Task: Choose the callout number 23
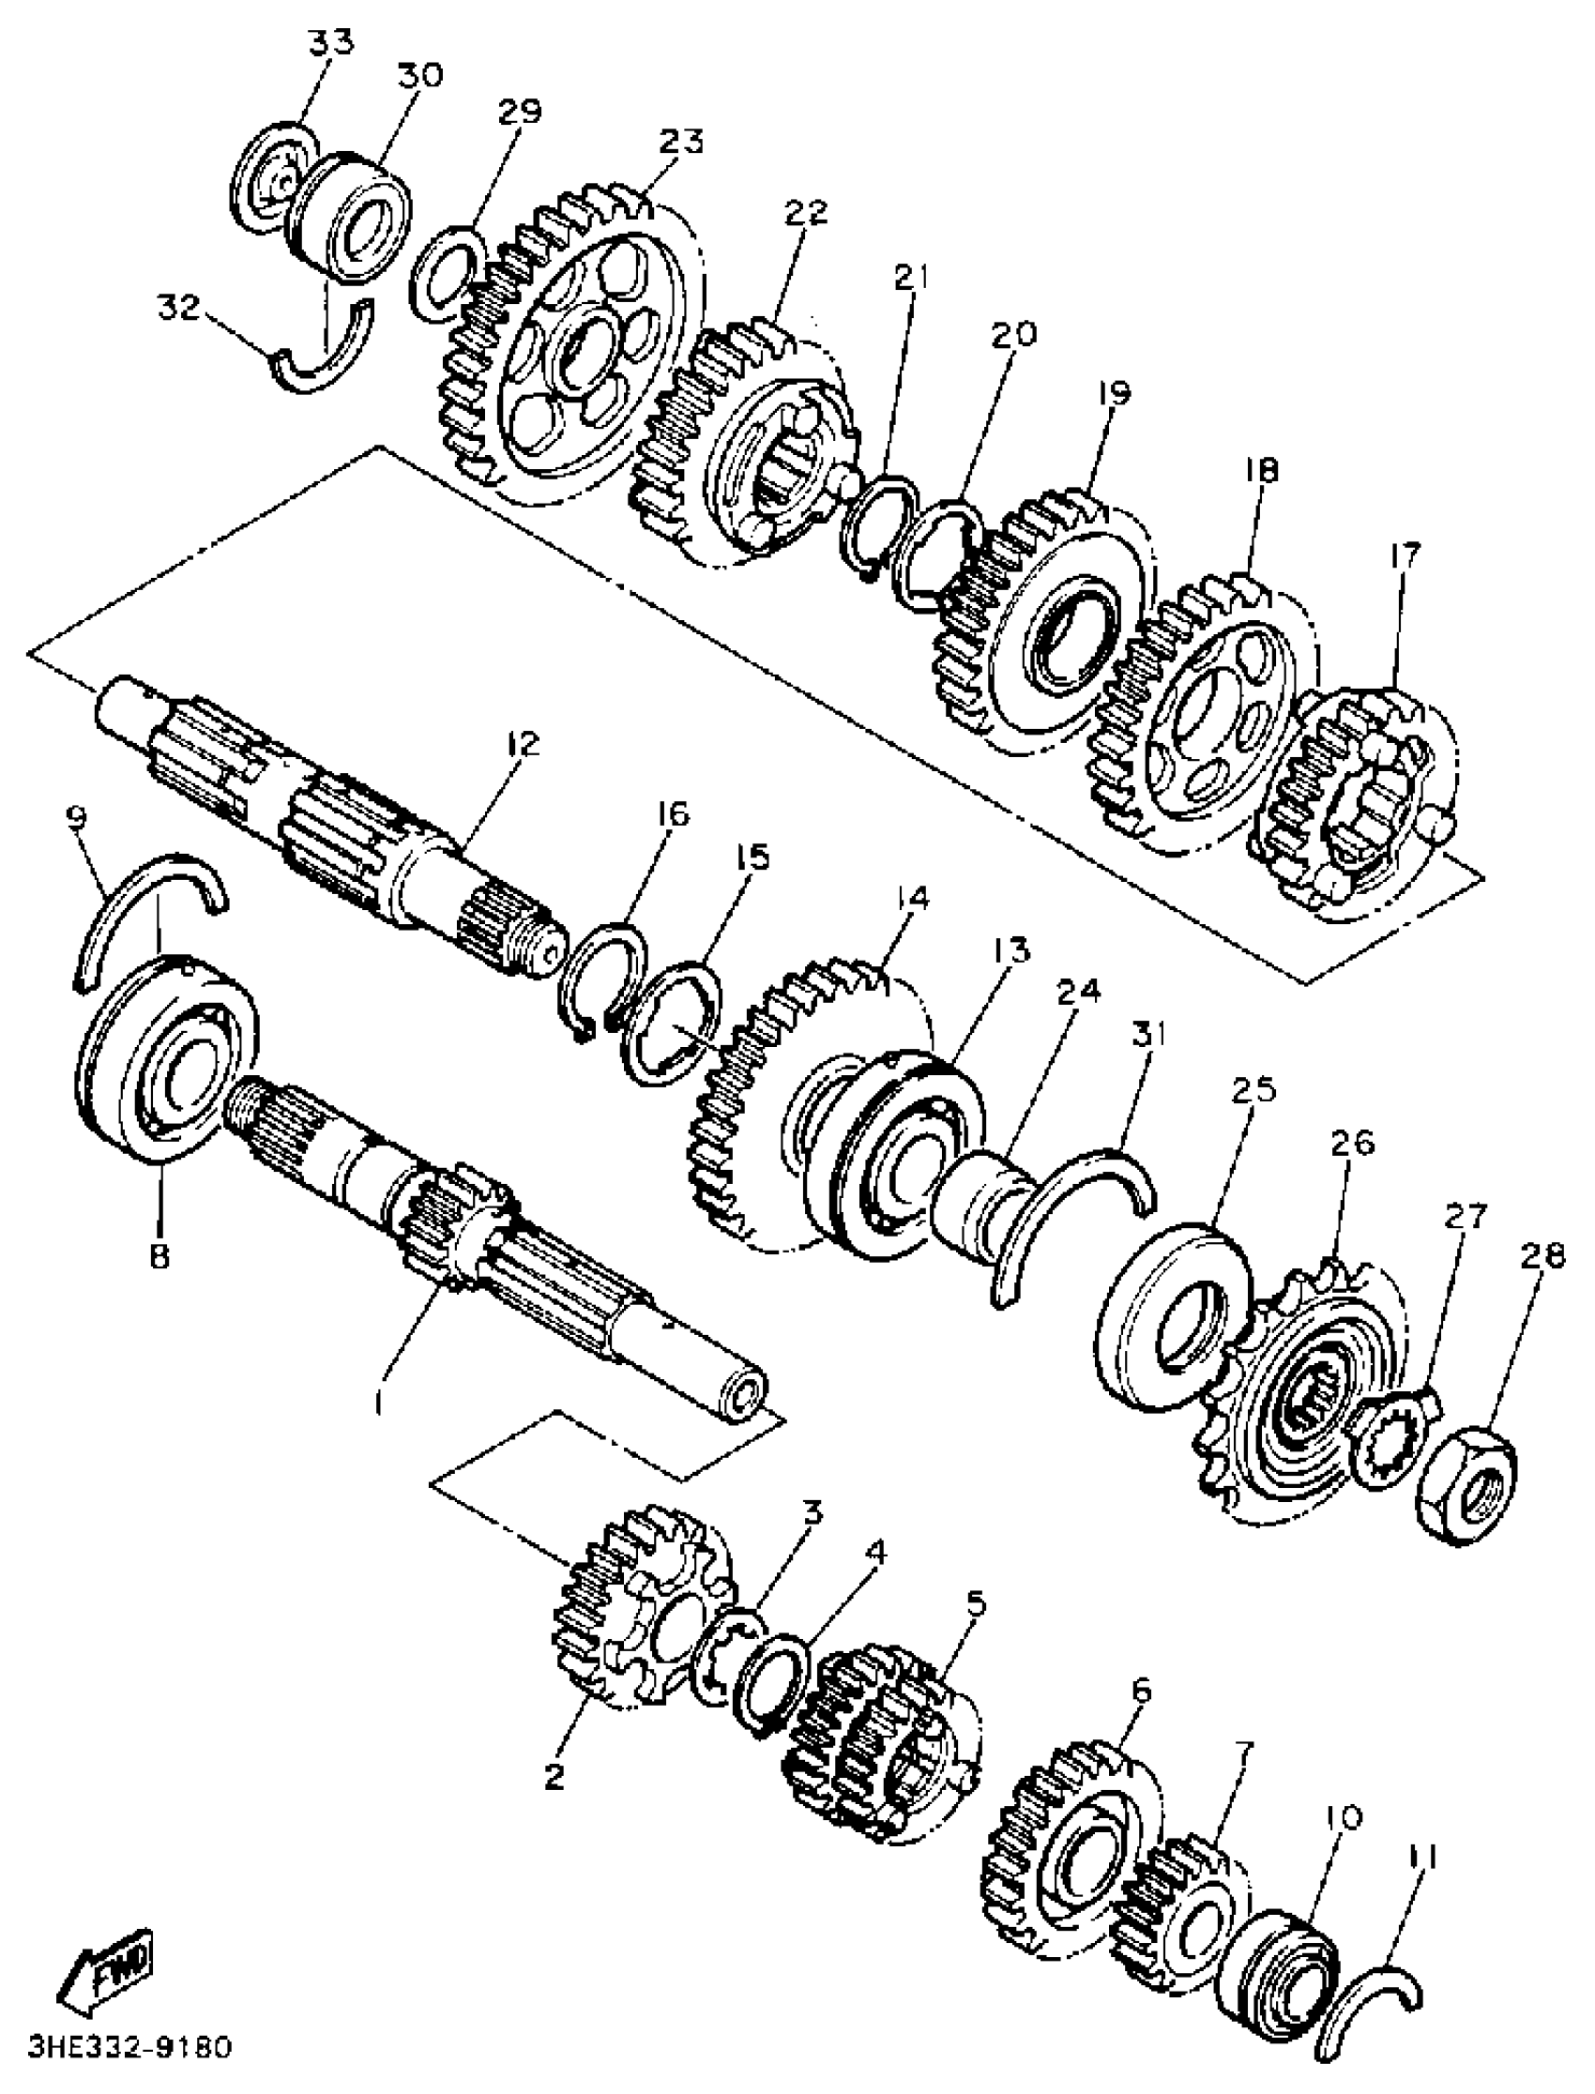[x=682, y=142]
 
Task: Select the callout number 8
[x=159, y=1255]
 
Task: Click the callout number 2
[x=555, y=1773]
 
